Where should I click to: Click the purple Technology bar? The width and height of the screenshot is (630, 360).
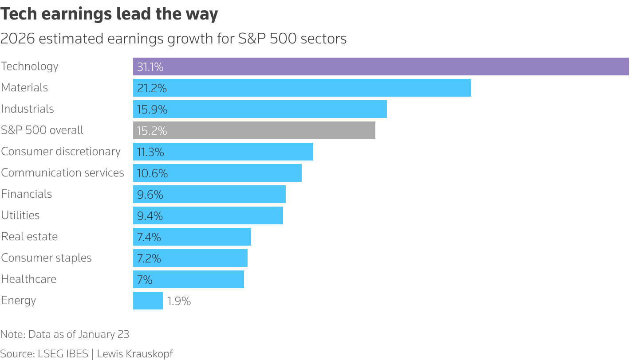coord(381,67)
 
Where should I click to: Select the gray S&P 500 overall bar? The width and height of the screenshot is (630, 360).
coord(254,130)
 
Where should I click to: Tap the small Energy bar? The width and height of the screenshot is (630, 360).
coord(148,301)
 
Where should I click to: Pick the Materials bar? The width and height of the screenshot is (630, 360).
coord(302,88)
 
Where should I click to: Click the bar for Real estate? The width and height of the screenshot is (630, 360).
coord(192,237)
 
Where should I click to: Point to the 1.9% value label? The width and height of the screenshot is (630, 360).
coord(179,301)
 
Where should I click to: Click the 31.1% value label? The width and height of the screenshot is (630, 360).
coord(150,67)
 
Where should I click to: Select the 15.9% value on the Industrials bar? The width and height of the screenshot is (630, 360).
coord(152,110)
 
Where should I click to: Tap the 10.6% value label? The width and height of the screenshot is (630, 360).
coord(152,173)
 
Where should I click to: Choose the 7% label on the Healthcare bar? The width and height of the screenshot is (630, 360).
coord(145,280)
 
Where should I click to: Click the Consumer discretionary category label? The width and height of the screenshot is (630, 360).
coord(61,152)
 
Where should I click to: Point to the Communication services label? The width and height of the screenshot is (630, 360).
coord(63,173)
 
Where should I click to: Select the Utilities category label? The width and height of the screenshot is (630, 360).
coord(20,215)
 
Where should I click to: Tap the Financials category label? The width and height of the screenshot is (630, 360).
coord(27,194)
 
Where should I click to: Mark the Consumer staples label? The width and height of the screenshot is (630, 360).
coord(47,258)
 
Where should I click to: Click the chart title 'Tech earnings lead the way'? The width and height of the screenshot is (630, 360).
coord(109,14)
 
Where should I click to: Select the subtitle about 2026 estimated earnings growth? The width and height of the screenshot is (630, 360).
coord(173,39)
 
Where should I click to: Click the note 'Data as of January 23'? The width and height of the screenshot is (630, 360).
coord(65,334)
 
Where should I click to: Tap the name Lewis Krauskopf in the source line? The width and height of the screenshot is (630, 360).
coord(135,354)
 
